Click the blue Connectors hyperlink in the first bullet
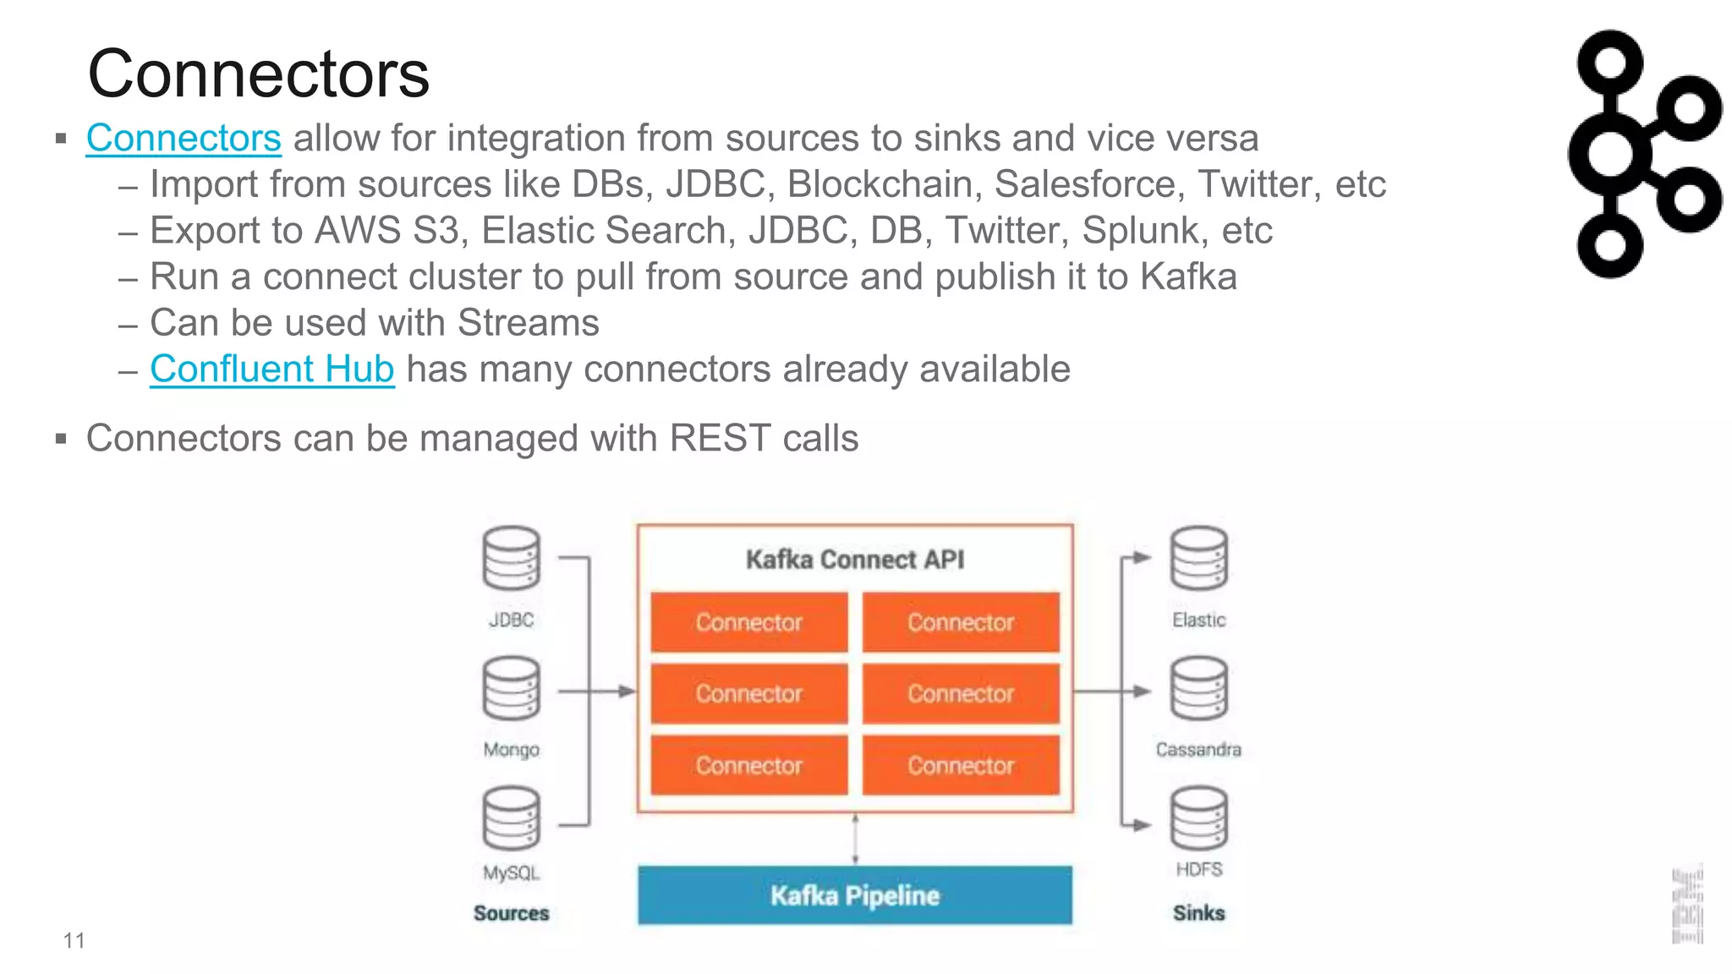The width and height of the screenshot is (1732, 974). pyautogui.click(x=184, y=139)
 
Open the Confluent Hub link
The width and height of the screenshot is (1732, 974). pyautogui.click(x=271, y=369)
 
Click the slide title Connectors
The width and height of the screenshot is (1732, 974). pyautogui.click(x=258, y=74)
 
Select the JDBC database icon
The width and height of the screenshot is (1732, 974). pyautogui.click(x=511, y=559)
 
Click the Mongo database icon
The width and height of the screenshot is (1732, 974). pyautogui.click(x=511, y=689)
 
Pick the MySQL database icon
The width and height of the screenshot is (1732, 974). pyautogui.click(x=511, y=818)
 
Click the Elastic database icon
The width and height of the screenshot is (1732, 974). pyautogui.click(x=1198, y=559)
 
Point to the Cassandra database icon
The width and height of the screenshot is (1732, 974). pyautogui.click(x=1198, y=689)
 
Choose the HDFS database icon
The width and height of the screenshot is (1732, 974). pyautogui.click(x=1198, y=818)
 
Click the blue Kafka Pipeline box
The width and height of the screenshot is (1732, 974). pyautogui.click(x=854, y=895)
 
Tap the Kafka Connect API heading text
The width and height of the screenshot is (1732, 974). pyautogui.click(x=854, y=560)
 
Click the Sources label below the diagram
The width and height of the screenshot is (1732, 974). pyautogui.click(x=511, y=913)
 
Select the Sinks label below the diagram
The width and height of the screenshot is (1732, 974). pyautogui.click(x=1198, y=913)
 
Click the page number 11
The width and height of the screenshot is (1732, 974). pyautogui.click(x=74, y=941)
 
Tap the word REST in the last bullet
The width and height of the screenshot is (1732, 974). pyautogui.click(x=720, y=439)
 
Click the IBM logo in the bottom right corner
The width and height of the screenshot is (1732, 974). pyautogui.click(x=1686, y=906)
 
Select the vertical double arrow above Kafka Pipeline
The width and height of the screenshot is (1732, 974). pyautogui.click(x=855, y=839)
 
